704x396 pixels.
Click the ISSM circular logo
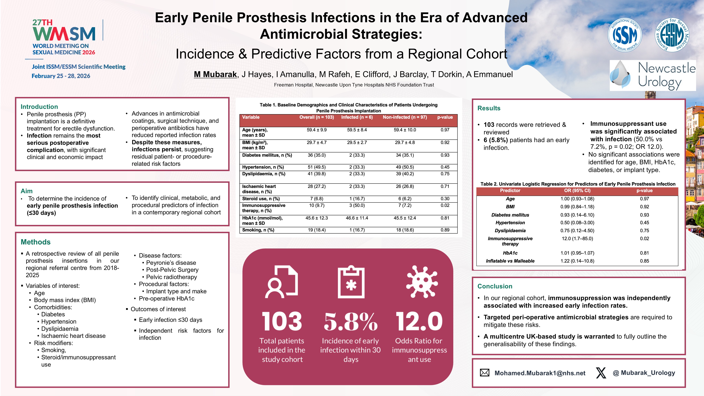point(625,35)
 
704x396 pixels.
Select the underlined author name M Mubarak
point(215,74)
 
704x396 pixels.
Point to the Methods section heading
point(36,242)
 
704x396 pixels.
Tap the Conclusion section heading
point(495,286)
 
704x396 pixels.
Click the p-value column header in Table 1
point(445,117)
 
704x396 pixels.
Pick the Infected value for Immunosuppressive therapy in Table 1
point(357,205)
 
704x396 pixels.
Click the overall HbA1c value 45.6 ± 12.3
point(316,218)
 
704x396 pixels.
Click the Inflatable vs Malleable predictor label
point(510,261)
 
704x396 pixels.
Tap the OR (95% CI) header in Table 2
point(577,191)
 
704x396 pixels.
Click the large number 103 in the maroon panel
point(282,321)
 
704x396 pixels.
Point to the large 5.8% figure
point(351,321)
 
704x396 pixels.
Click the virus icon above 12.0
point(422,281)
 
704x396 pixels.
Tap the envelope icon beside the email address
point(485,373)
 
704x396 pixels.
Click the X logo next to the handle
point(601,373)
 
